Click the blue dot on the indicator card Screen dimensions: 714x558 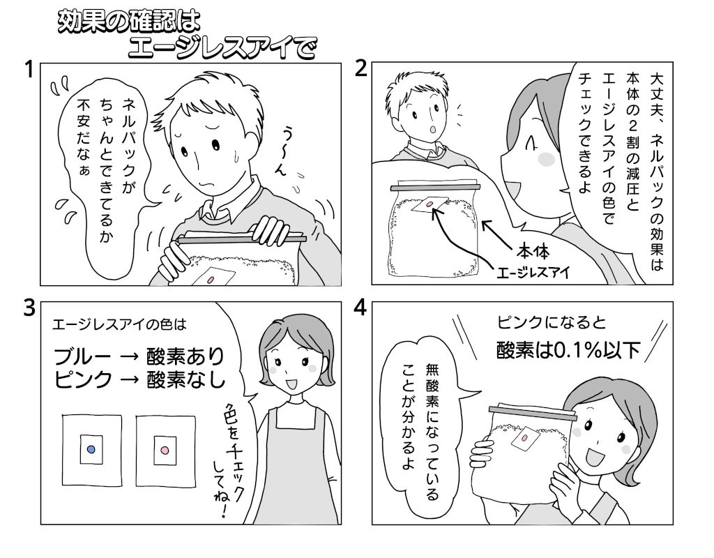(x=91, y=450)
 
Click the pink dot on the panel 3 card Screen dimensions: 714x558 (x=165, y=451)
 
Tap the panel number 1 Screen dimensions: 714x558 (x=29, y=70)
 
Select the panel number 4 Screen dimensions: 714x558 (x=360, y=308)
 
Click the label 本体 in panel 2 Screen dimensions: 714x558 (x=533, y=251)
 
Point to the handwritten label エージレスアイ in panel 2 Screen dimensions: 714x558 (x=533, y=273)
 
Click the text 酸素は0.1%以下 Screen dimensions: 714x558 (x=568, y=350)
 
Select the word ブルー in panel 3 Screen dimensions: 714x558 (x=82, y=356)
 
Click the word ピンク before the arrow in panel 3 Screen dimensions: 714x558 (x=82, y=379)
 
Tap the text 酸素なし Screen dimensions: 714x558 (x=185, y=379)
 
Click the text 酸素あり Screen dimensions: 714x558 (x=185, y=356)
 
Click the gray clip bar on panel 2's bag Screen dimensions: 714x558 (x=435, y=187)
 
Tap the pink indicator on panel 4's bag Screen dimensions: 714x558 (x=524, y=438)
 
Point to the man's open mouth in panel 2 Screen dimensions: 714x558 (x=432, y=129)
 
